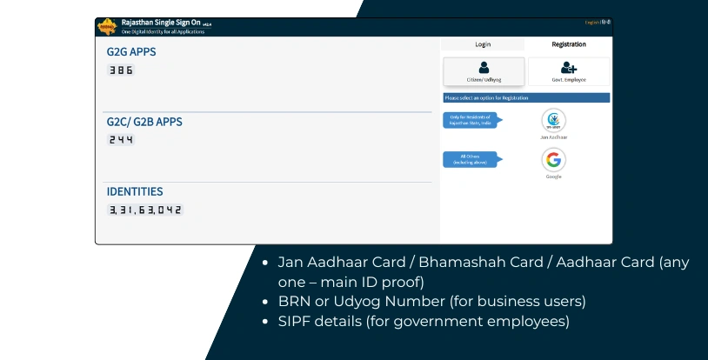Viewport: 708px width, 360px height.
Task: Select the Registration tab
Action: click(568, 44)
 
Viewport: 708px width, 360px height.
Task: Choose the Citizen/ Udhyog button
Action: click(484, 70)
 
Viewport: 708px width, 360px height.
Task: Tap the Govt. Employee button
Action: click(569, 70)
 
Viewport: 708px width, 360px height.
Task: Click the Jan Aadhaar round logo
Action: click(554, 120)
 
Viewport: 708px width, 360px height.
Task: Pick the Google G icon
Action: click(554, 159)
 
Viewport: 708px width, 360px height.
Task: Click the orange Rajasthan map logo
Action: click(109, 26)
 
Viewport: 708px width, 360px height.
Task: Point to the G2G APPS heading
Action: click(131, 52)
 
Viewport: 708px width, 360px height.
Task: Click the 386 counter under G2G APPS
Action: click(121, 70)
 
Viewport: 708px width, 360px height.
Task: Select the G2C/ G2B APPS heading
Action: click(144, 123)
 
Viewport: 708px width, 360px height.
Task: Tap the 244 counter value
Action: click(121, 139)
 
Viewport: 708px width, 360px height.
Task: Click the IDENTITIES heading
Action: click(135, 191)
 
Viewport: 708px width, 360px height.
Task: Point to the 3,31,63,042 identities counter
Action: click(145, 210)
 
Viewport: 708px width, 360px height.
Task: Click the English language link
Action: click(592, 21)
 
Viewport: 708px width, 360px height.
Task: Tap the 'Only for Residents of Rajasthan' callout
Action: click(471, 120)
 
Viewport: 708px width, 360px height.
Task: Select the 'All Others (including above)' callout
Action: click(471, 159)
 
